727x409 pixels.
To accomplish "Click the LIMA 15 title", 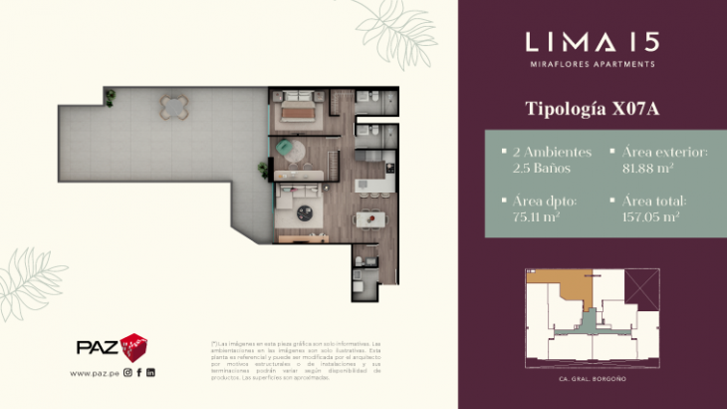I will pyautogui.click(x=591, y=42).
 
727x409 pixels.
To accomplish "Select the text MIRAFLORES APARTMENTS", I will pyautogui.click(x=591, y=64).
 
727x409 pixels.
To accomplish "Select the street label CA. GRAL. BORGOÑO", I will pyautogui.click(x=591, y=379).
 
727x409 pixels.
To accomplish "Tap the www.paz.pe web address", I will pyautogui.click(x=95, y=373).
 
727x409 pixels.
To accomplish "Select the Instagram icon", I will pyautogui.click(x=127, y=373).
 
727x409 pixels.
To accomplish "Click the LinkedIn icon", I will pyautogui.click(x=151, y=373).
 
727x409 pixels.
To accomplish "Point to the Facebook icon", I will pyautogui.click(x=139, y=373).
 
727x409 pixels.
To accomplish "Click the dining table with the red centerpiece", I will pyautogui.click(x=364, y=216).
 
